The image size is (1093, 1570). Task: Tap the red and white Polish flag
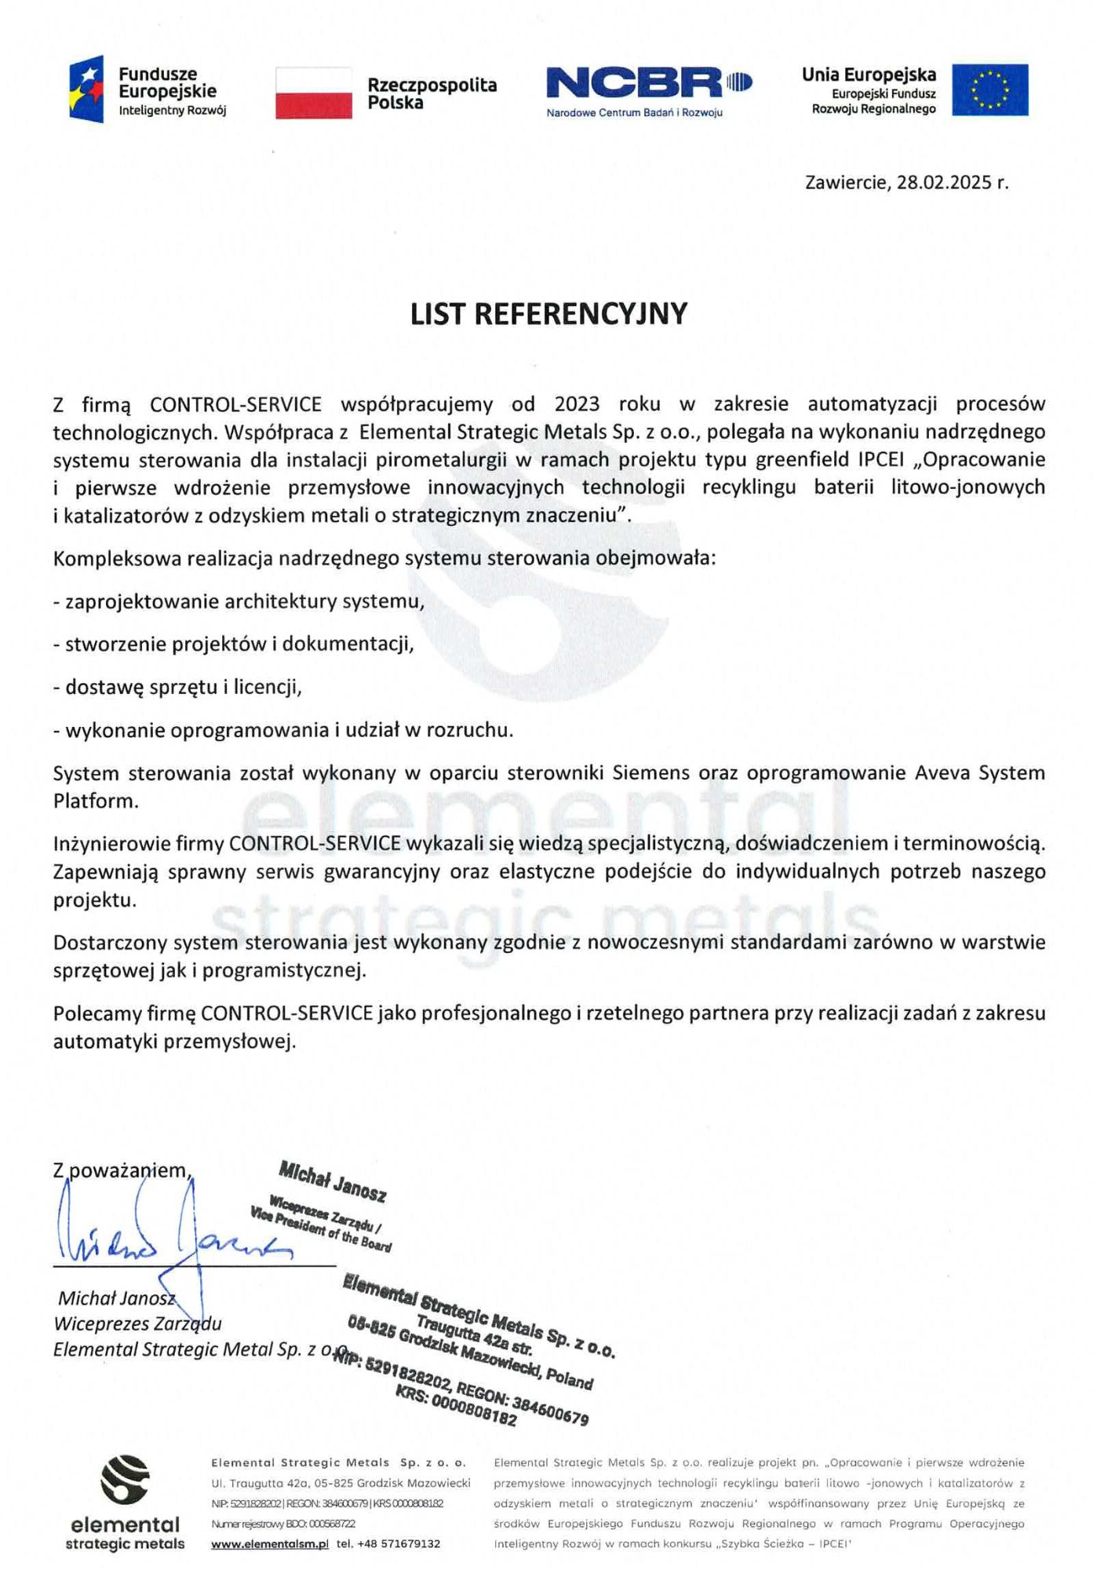coord(313,93)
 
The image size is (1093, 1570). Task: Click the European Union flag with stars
coord(989,89)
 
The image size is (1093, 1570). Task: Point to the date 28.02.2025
coord(944,182)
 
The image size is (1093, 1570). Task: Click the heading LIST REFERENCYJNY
coord(548,313)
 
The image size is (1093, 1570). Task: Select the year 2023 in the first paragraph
coord(577,403)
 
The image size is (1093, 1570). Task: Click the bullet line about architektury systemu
coord(239,601)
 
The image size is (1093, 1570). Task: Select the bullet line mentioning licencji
coord(177,687)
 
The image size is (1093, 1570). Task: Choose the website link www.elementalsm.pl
coord(269,1543)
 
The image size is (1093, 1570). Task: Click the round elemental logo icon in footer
coord(125,1480)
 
